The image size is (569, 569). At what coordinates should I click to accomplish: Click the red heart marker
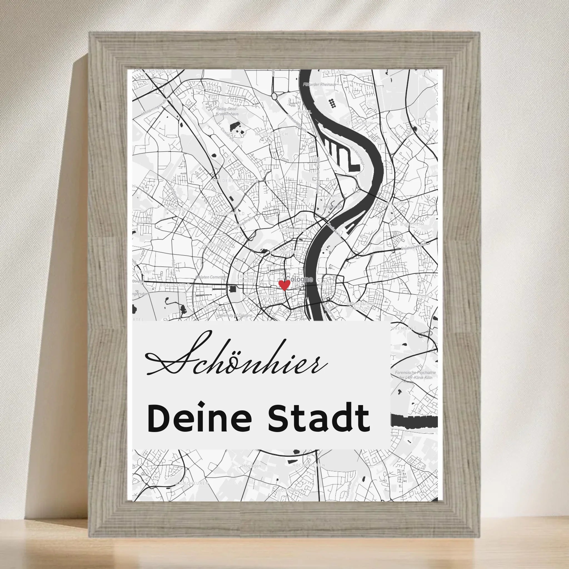(x=284, y=285)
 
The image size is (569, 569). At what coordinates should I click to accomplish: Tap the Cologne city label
(x=300, y=279)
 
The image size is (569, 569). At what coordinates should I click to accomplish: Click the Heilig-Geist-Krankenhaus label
(x=227, y=111)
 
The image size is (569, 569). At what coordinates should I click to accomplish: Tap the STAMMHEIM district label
(x=359, y=123)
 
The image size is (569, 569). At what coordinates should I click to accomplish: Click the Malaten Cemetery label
(x=211, y=277)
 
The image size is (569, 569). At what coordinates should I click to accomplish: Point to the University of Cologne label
(x=234, y=315)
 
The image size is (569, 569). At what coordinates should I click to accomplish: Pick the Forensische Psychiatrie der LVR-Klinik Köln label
(x=415, y=375)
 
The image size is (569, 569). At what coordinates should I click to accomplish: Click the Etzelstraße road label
(x=228, y=134)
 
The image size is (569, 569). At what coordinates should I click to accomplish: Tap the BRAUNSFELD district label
(x=175, y=285)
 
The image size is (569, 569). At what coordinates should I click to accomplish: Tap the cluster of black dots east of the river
(x=332, y=103)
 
